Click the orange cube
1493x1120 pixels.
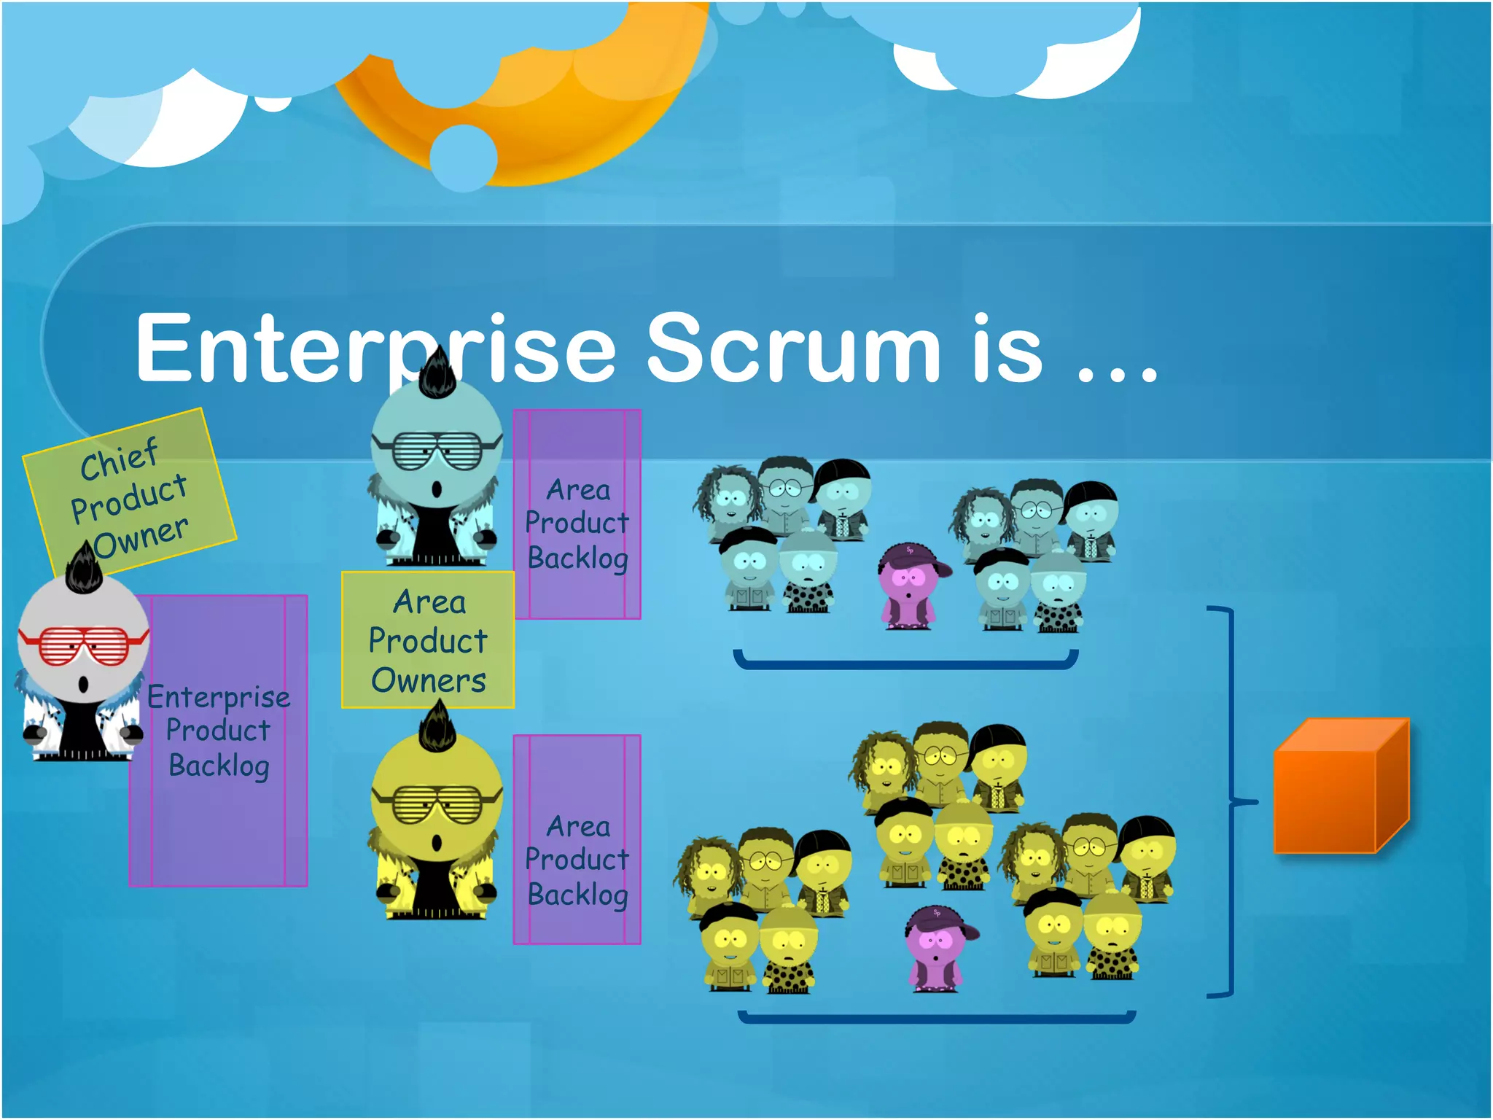1340,787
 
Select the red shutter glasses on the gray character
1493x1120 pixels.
82,645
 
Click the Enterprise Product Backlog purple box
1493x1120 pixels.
219,802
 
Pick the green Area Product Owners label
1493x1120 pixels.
428,640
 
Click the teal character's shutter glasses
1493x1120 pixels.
436,451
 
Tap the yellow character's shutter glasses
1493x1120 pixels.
436,804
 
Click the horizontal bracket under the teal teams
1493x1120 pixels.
905,664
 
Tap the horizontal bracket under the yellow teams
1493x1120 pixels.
937,1019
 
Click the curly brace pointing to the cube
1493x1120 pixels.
1232,802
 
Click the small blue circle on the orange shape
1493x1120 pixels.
464,157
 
